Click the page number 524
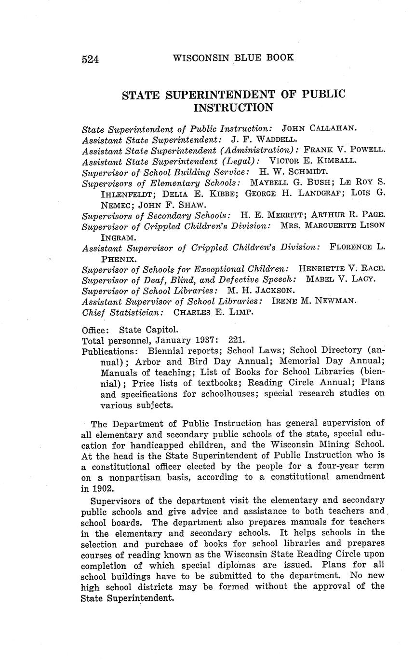tap(90, 59)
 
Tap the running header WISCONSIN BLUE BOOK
tap(233, 57)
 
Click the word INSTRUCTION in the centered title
tap(233, 108)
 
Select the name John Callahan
tap(319, 128)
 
